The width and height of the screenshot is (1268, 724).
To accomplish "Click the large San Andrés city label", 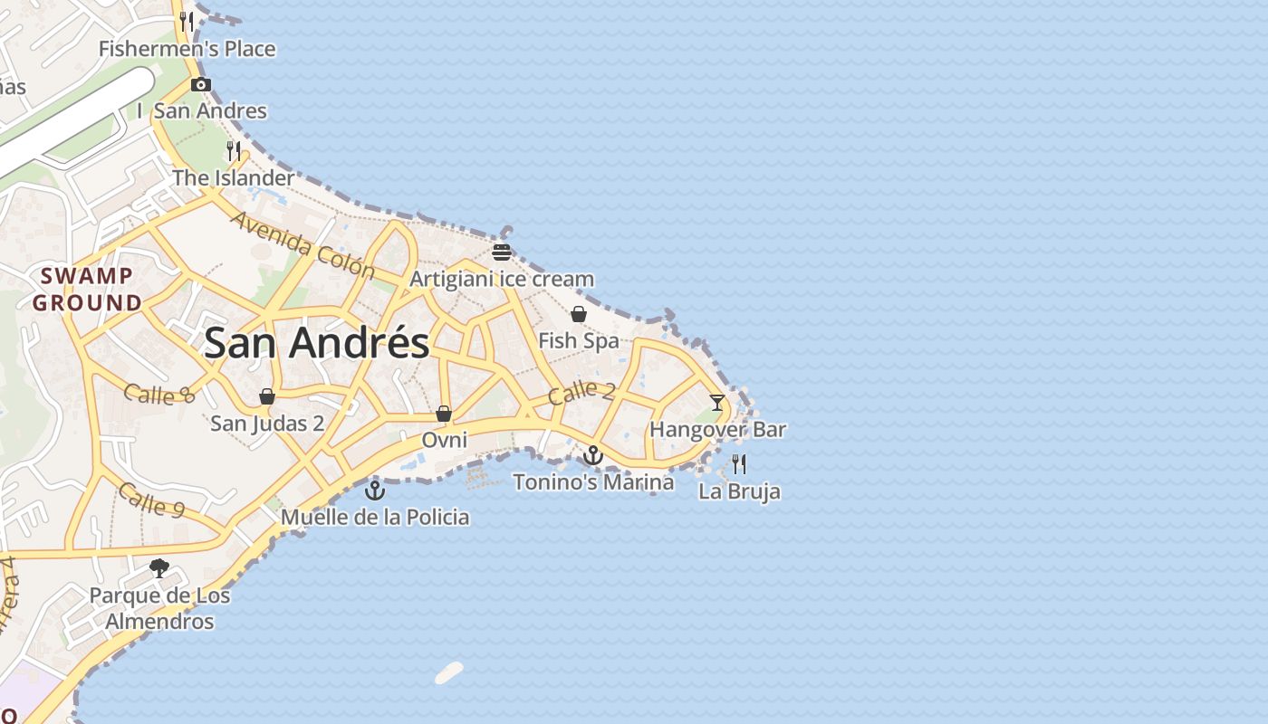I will (x=317, y=344).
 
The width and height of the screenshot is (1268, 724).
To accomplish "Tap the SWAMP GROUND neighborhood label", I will (x=87, y=290).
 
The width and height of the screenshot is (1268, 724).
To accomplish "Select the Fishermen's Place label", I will (x=187, y=49).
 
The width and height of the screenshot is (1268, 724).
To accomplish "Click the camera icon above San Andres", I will (x=201, y=85).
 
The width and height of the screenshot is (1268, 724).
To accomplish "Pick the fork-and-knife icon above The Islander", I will (x=234, y=150).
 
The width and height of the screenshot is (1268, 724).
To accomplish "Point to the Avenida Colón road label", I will (x=302, y=244).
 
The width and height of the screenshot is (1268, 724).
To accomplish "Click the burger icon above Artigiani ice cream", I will (x=502, y=252).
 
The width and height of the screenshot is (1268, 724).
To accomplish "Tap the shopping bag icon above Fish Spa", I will (x=578, y=314).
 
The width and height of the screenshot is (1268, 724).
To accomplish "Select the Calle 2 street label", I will (x=581, y=393).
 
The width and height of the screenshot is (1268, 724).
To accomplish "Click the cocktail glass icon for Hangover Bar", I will (x=717, y=403).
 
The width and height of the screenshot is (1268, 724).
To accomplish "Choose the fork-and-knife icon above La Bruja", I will (x=739, y=464).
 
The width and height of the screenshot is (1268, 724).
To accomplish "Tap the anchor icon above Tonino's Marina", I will (x=593, y=455).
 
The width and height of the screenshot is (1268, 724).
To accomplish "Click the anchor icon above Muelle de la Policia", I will (x=375, y=491).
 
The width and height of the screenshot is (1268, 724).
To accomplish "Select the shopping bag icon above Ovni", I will (x=444, y=414).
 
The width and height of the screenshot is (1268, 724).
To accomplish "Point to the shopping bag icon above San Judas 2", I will (x=267, y=396).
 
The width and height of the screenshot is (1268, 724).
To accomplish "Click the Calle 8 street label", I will (x=159, y=394).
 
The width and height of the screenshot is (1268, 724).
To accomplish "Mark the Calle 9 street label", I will (x=151, y=500).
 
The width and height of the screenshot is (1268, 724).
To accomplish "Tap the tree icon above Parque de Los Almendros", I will (x=159, y=568).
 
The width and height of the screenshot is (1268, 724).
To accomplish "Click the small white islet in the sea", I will (x=449, y=672).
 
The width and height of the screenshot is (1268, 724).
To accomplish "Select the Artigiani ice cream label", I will (x=502, y=279).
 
